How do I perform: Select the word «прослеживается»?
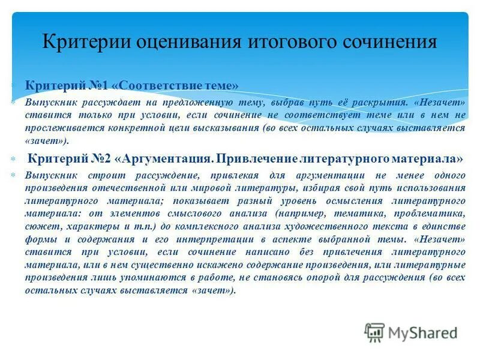pos(60,128)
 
